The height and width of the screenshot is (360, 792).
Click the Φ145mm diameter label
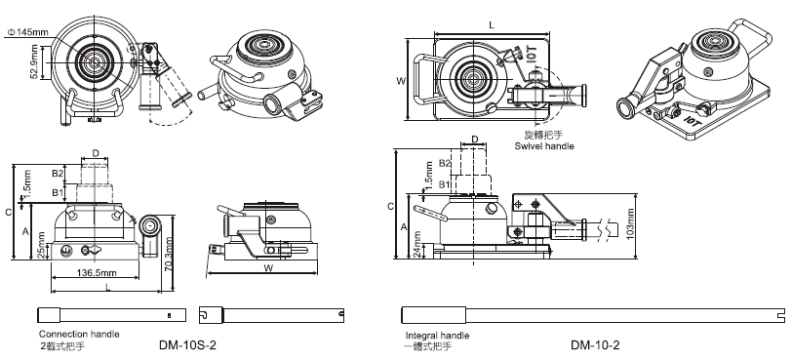(x=27, y=32)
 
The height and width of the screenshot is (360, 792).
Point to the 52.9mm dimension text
(x=34, y=62)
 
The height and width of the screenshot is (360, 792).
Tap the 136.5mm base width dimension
(x=96, y=273)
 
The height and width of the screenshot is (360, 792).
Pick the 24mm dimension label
(x=417, y=244)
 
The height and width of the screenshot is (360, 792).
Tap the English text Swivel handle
(x=544, y=146)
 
